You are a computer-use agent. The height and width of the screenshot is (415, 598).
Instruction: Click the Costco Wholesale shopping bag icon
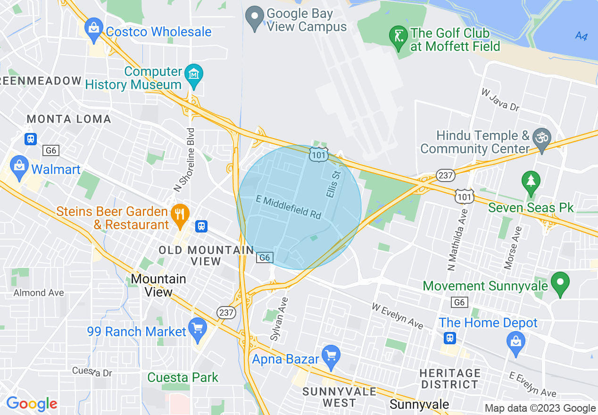coord(94,30)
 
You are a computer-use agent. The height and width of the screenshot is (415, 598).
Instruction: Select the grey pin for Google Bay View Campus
coord(255,19)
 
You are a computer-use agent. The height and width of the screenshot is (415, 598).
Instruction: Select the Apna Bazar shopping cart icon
coord(331,357)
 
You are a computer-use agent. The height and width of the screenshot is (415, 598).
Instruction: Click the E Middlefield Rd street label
coord(289,207)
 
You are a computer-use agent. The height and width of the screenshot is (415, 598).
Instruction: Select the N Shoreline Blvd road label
coord(184,160)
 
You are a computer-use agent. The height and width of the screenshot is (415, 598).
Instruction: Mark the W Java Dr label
coord(500,100)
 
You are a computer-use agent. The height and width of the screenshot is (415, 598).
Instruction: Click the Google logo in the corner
coord(32,404)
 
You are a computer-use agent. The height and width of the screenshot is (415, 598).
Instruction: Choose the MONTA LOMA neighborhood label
coord(69,119)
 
